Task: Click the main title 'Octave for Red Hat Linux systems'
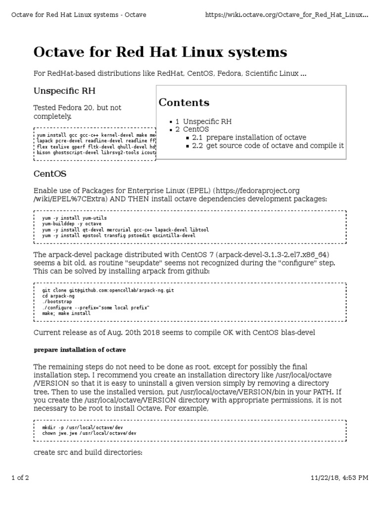pos(160,52)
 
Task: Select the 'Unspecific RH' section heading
pos(64,91)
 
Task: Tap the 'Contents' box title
pos(184,102)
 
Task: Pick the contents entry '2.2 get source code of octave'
pos(268,146)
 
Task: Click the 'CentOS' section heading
pos(49,174)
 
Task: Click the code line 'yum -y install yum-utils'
pos(74,218)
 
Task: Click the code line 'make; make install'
pos(66,313)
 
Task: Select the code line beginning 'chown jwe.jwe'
pos(89,433)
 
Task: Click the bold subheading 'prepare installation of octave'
pos(80,350)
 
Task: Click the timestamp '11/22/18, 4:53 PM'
pos(339,478)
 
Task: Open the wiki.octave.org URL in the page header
pos(286,15)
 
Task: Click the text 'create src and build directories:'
pos(88,452)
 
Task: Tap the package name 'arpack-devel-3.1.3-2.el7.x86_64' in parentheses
pos(270,254)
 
